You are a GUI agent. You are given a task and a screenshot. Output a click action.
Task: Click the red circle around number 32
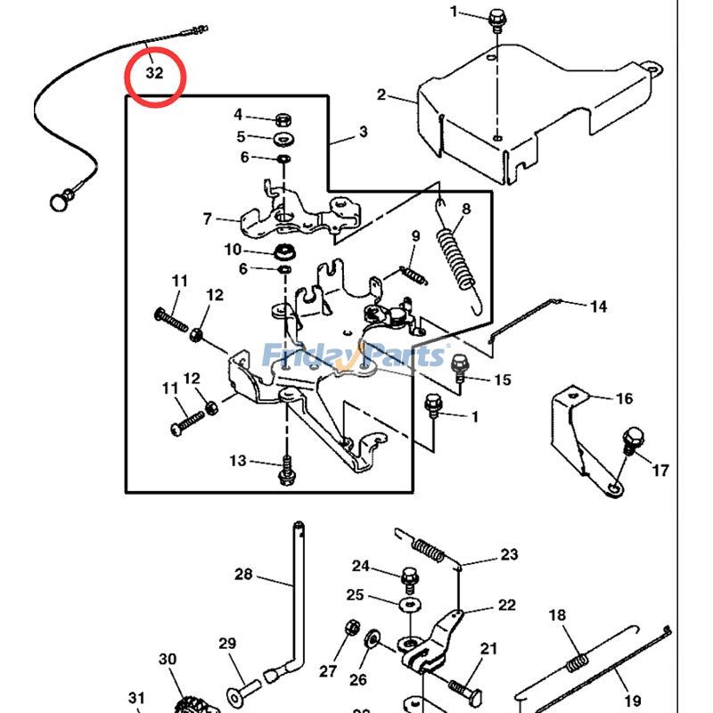[154, 77]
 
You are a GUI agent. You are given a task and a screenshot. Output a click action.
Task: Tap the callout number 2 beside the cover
[381, 94]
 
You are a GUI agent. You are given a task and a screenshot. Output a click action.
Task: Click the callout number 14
[598, 307]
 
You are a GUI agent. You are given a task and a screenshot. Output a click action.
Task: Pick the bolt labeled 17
[634, 439]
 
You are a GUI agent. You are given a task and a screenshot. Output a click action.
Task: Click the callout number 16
[624, 398]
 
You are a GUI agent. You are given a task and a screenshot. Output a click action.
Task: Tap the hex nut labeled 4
[282, 118]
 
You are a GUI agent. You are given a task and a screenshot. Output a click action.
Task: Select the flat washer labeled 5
[283, 138]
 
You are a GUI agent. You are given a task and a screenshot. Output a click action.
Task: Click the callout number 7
[208, 218]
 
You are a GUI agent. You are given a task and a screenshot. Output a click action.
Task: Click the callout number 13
[238, 461]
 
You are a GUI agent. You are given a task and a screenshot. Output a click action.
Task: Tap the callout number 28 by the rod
[243, 574]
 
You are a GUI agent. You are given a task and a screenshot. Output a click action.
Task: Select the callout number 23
[508, 554]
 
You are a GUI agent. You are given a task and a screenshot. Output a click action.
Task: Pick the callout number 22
[506, 605]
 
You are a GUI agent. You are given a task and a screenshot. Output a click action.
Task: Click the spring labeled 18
[577, 662]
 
